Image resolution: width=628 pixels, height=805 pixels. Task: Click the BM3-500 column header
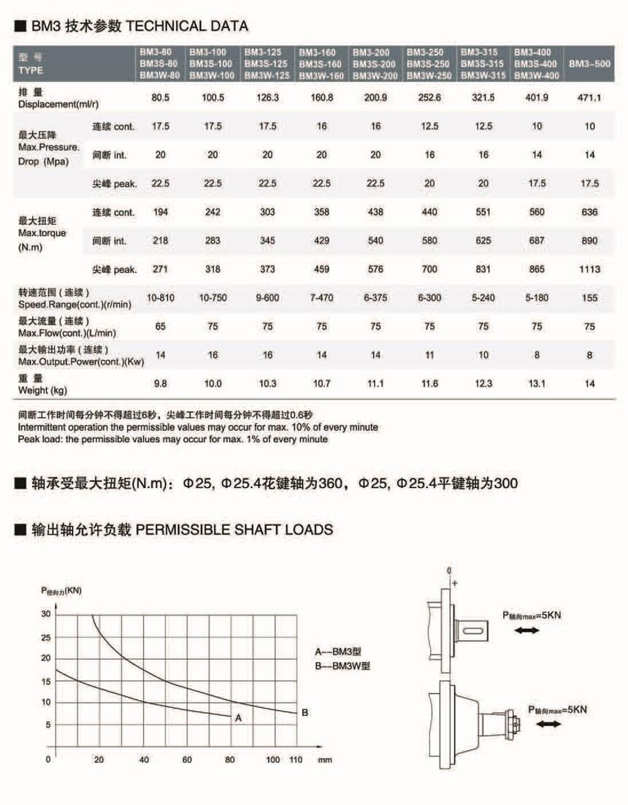click(589, 64)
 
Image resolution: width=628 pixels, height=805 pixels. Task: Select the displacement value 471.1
click(589, 97)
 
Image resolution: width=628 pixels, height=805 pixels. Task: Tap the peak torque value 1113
click(589, 270)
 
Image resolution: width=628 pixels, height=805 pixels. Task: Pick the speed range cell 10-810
click(160, 298)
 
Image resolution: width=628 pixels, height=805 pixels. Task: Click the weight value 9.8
click(160, 384)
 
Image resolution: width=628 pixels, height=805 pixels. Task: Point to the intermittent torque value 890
click(590, 240)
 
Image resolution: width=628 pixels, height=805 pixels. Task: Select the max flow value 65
click(160, 327)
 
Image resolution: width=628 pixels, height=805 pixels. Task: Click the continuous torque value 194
click(160, 212)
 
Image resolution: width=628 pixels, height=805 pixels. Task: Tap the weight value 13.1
click(537, 384)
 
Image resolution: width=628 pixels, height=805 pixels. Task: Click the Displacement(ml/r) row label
click(58, 98)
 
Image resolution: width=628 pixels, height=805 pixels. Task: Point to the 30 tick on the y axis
click(46, 614)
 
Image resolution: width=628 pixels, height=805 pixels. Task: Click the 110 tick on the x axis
click(295, 760)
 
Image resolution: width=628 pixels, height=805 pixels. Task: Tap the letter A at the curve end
click(238, 718)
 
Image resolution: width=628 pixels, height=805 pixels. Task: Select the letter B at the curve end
click(305, 712)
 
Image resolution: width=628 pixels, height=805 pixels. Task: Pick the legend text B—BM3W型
click(342, 666)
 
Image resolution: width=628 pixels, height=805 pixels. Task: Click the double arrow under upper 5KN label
click(526, 630)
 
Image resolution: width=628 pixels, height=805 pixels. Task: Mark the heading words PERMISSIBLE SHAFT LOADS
click(234, 530)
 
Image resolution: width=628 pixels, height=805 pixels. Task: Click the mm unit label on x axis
click(324, 760)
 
